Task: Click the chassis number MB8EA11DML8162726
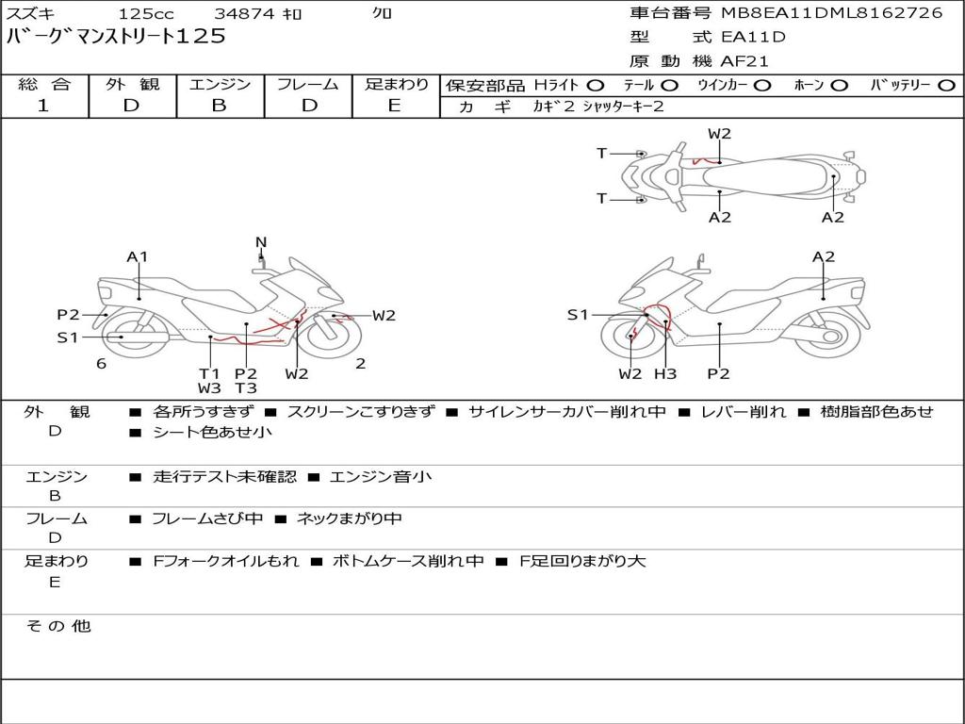(831, 13)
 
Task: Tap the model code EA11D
(753, 37)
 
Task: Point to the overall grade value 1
(43, 106)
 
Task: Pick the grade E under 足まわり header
(395, 106)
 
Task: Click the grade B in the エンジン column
(219, 106)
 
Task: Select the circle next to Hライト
(596, 86)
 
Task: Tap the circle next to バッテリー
(946, 86)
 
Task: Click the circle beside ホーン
(839, 86)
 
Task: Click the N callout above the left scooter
(261, 242)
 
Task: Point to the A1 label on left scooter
(138, 256)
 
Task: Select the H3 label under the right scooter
(664, 373)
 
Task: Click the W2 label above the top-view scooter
(719, 134)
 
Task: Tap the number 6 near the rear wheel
(102, 364)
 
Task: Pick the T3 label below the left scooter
(246, 387)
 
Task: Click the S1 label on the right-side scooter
(578, 315)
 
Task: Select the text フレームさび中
(207, 519)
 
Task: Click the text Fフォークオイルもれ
(226, 562)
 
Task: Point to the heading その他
(58, 626)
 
